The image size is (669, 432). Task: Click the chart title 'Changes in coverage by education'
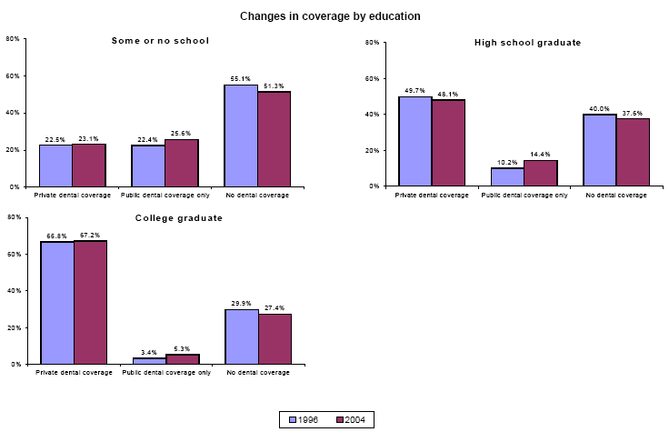330,16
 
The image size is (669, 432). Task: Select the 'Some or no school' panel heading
160,41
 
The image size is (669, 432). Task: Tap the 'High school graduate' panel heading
527,43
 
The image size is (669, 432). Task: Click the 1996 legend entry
305,419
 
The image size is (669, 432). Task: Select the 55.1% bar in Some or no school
241,136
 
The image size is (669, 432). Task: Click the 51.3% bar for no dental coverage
274,139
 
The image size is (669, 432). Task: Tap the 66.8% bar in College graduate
57,303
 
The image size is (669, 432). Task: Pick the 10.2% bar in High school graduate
508,176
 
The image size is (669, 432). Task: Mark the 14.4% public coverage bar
541,173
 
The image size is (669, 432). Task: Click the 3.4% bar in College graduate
149,360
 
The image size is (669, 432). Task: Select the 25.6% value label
182,133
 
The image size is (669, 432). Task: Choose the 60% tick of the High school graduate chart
372,78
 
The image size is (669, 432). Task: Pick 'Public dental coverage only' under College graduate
166,372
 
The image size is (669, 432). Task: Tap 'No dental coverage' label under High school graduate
616,195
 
